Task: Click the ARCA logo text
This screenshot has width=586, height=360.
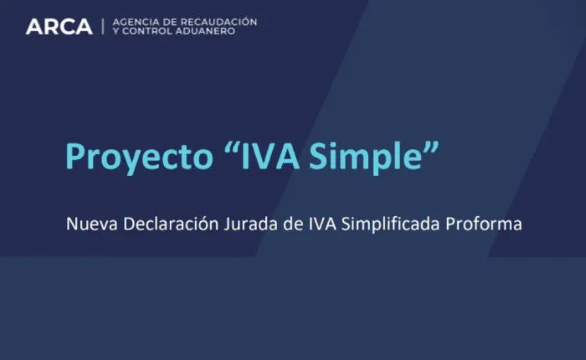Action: (59, 26)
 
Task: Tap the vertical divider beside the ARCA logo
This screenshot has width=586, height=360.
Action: (103, 26)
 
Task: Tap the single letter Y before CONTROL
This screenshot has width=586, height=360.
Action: (115, 31)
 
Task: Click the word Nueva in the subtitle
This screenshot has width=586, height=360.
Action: (87, 224)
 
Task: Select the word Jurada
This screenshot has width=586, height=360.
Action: (240, 224)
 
